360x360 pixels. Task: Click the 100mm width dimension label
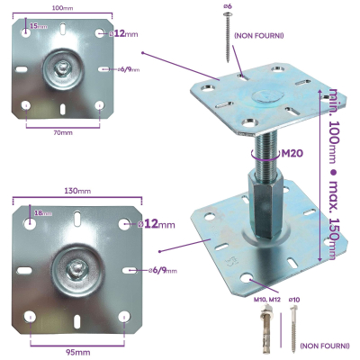(x=62, y=7)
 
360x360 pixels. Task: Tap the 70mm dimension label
(x=62, y=132)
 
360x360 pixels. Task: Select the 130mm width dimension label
(x=77, y=192)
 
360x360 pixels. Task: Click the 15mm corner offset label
(x=37, y=26)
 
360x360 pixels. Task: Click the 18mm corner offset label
(x=42, y=214)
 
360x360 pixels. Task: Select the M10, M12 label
(x=267, y=298)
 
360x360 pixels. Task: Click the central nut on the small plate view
(x=62, y=67)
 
